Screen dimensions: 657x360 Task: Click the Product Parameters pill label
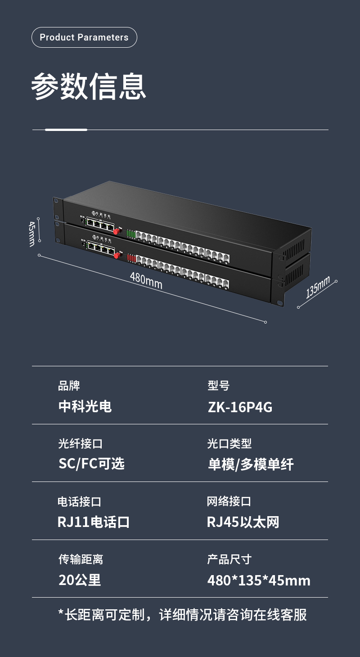tap(84, 37)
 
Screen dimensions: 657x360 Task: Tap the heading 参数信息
tap(89, 86)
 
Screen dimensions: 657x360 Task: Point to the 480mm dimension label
tap(146, 281)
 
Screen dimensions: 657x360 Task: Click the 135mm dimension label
tap(318, 287)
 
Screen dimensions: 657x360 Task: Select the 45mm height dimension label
tap(31, 233)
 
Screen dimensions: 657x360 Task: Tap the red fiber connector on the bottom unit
tap(117, 255)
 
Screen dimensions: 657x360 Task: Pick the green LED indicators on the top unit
tap(131, 234)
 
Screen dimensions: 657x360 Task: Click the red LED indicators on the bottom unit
tap(131, 258)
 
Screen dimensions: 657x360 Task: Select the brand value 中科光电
tap(85, 407)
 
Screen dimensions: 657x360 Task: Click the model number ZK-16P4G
tap(240, 407)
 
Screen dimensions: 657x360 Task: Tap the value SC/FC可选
tap(91, 464)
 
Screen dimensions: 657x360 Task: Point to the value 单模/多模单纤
tap(251, 464)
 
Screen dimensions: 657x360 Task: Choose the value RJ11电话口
tap(94, 522)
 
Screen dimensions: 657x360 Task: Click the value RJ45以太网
tap(243, 522)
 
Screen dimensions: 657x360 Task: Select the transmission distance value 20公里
tap(80, 580)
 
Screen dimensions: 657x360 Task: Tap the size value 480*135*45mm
tap(259, 580)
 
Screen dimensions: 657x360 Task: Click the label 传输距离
tap(81, 559)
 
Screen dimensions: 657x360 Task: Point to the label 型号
tap(218, 386)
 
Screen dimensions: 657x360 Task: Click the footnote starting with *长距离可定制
tap(182, 615)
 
